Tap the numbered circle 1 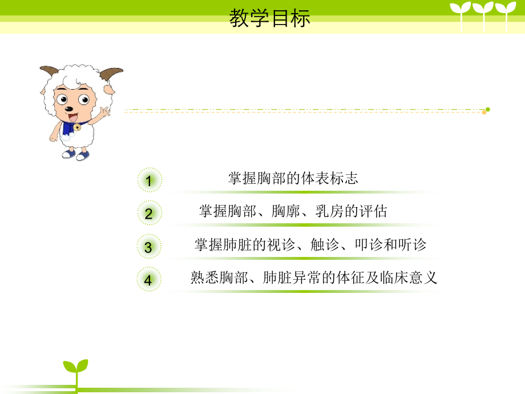pos(149,182)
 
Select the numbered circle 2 pos(149,214)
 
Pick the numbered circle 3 pos(149,247)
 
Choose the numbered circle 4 pos(149,280)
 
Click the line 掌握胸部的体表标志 pos(293,178)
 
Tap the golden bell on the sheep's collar pos(77,127)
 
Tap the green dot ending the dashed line pos(487,109)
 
